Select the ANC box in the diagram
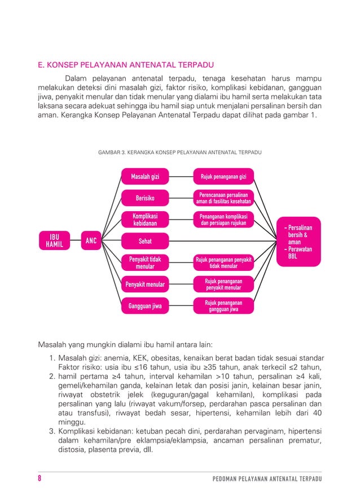(x=91, y=241)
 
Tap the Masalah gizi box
(x=145, y=177)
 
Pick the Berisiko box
(x=145, y=198)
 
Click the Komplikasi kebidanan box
(x=145, y=220)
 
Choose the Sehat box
(x=145, y=241)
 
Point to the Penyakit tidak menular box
(x=145, y=262)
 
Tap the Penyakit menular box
(x=145, y=284)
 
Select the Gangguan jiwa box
(x=145, y=306)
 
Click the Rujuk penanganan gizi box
(x=223, y=177)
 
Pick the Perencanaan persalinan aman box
(x=223, y=198)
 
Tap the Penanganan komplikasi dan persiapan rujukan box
(x=223, y=220)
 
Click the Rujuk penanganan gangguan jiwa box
(x=223, y=306)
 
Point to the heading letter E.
(x=40, y=64)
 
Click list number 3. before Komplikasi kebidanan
(x=51, y=431)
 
